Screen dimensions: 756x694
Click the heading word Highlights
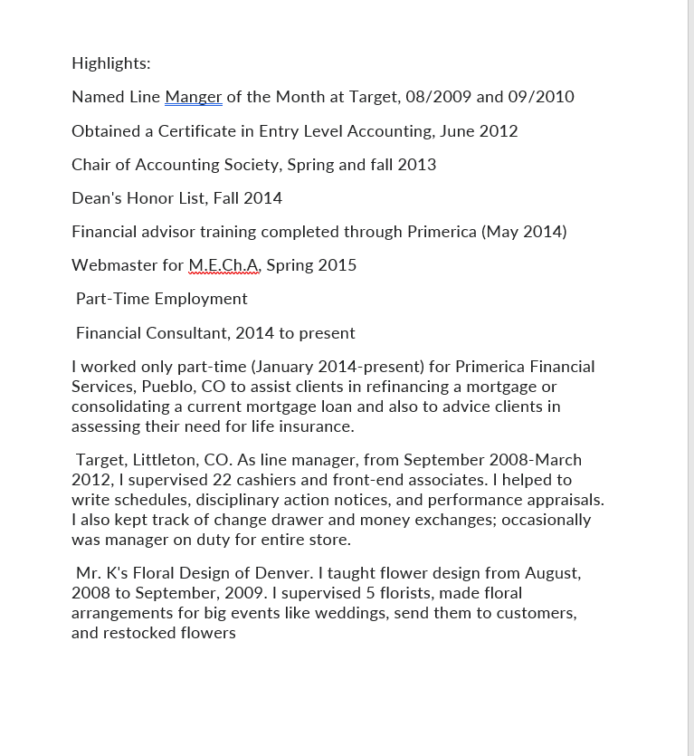[x=110, y=63]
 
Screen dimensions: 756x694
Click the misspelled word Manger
[x=194, y=97]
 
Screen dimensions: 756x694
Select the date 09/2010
[x=541, y=97]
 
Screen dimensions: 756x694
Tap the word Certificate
[x=197, y=131]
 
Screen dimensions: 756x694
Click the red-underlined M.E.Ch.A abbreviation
[x=223, y=265]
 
